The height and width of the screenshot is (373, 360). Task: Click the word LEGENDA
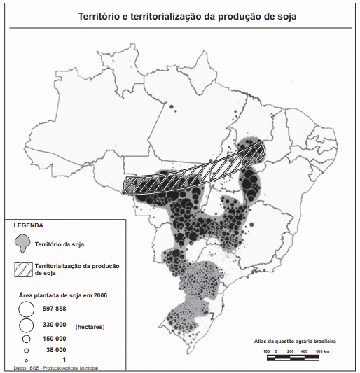28,225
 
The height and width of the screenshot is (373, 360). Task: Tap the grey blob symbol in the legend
25,243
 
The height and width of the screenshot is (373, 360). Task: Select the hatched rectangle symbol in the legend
25,267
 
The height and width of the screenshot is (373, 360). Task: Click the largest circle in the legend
25,309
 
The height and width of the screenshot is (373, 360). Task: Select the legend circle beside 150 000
26,338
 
